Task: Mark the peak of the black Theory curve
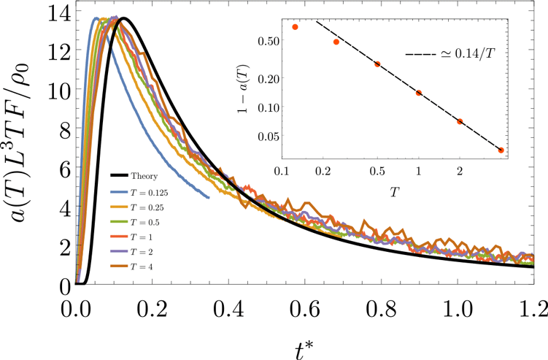click(x=123, y=18)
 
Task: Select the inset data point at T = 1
click(x=419, y=93)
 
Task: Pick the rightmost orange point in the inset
click(x=501, y=150)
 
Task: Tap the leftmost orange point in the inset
click(x=295, y=27)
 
